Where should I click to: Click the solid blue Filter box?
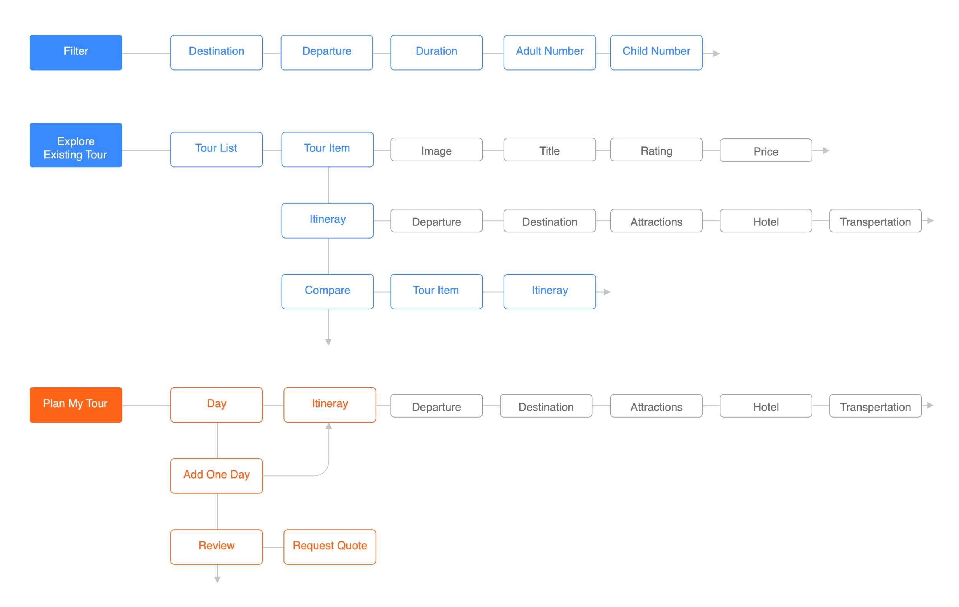click(x=76, y=52)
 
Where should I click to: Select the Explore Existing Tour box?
click(x=76, y=145)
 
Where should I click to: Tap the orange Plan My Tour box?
click(x=76, y=405)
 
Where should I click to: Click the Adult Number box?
click(x=549, y=52)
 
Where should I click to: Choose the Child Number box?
click(x=656, y=52)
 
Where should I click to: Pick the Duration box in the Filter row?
click(x=436, y=52)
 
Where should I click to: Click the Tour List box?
click(x=216, y=149)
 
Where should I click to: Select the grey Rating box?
click(x=656, y=150)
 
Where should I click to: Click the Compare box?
click(x=327, y=291)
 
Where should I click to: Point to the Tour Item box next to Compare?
click(x=436, y=291)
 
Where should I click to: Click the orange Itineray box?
click(x=330, y=405)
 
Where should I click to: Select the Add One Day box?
click(x=216, y=475)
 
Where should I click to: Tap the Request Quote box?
click(x=330, y=546)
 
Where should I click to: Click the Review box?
click(x=216, y=546)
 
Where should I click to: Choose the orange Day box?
click(x=216, y=405)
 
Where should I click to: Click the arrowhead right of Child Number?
click(x=716, y=53)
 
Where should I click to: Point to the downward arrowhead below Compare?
click(x=328, y=342)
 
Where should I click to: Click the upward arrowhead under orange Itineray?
click(x=329, y=426)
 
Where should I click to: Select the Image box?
click(x=436, y=150)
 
